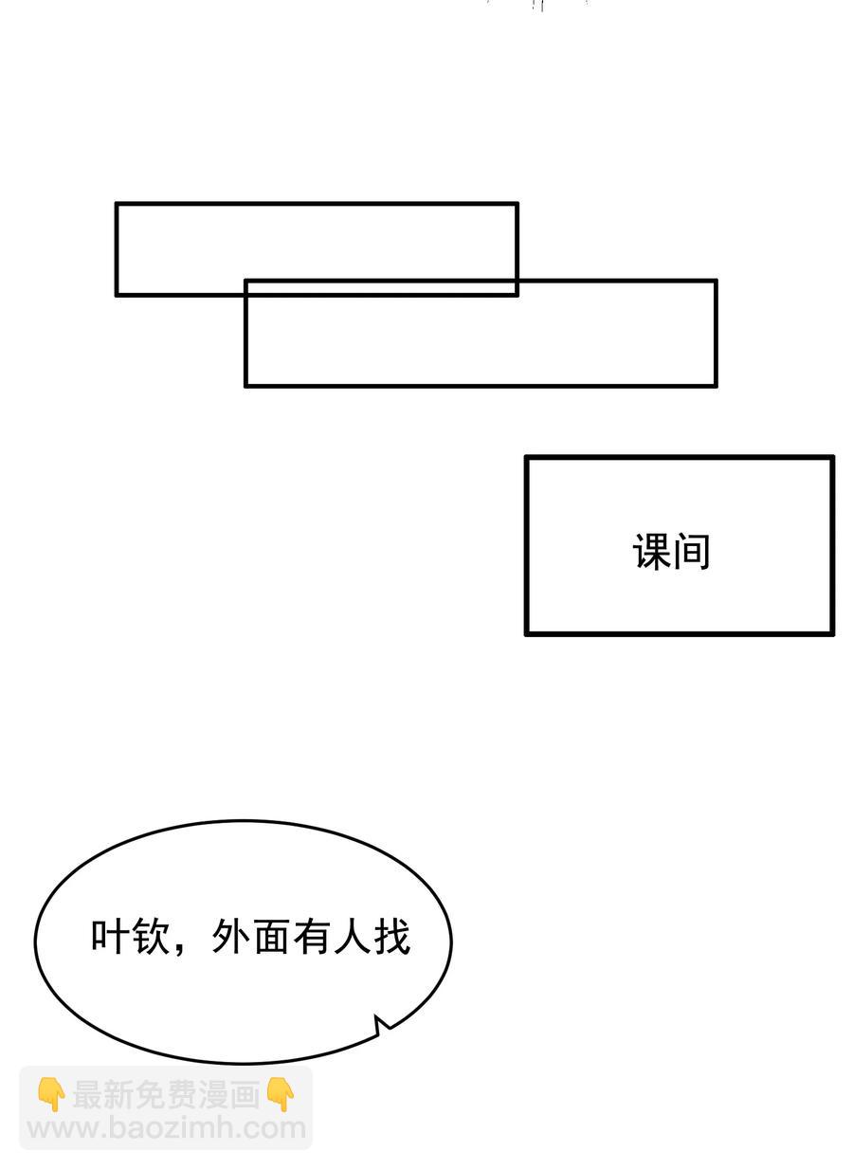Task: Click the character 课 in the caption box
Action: [x=651, y=552]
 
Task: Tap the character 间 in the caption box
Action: [x=691, y=552]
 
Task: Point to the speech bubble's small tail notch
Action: [x=378, y=1022]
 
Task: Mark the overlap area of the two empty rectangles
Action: [x=381, y=288]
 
